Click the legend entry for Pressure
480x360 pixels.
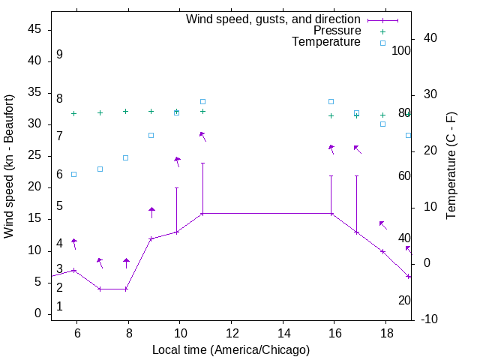(337, 31)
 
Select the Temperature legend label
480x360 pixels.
(326, 42)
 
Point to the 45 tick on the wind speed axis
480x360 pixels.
(34, 29)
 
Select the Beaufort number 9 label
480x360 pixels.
(59, 55)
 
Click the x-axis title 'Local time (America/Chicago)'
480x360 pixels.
(230, 349)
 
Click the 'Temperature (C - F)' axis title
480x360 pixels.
(451, 166)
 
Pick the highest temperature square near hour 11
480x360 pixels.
(202, 101)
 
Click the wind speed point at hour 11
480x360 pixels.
(202, 214)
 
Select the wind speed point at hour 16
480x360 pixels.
(331, 214)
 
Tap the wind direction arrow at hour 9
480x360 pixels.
(151, 212)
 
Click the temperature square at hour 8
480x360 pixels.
(126, 157)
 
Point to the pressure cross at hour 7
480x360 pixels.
(100, 112)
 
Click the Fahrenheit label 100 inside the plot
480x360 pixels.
(401, 51)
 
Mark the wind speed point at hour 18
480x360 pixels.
(382, 251)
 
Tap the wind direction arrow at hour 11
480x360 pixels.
(202, 136)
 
